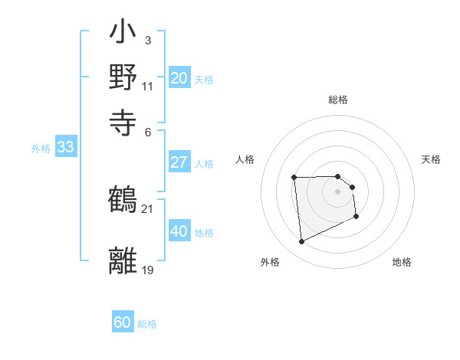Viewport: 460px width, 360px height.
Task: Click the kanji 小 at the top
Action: pos(123,34)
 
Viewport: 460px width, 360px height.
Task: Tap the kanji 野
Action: pos(123,77)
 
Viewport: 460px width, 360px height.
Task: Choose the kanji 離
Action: pos(123,260)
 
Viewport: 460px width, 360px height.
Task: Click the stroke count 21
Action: pos(147,208)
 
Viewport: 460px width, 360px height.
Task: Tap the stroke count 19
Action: pos(147,269)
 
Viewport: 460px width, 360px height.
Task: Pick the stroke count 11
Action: pos(147,86)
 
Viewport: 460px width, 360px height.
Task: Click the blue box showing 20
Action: pos(179,78)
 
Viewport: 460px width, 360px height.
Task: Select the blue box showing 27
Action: pos(179,162)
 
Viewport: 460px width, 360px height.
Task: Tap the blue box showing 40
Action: pos(179,231)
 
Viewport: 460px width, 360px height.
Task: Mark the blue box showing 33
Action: pos(65,148)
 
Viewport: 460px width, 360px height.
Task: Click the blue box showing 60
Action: pos(123,323)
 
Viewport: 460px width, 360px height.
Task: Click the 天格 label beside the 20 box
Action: pos(204,79)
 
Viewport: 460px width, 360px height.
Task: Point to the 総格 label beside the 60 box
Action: pos(147,324)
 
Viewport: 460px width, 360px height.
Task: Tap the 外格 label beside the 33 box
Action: pos(41,149)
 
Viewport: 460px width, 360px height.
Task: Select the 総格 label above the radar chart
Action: pos(338,100)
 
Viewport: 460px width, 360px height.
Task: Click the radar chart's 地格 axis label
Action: pos(402,262)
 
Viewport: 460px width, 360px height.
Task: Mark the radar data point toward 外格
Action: pos(302,242)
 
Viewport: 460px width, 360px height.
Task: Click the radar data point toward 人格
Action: pos(294,178)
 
